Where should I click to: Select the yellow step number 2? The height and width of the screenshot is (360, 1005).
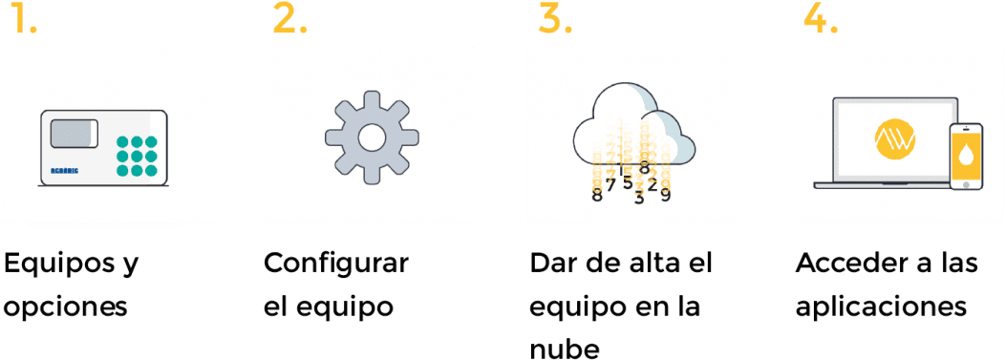(x=289, y=18)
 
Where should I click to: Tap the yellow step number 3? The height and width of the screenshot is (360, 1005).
(x=555, y=18)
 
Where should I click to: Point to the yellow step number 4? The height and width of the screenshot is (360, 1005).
(x=821, y=18)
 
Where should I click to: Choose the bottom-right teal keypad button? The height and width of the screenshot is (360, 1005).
(x=151, y=170)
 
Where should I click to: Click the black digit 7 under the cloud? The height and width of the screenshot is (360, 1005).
(x=610, y=183)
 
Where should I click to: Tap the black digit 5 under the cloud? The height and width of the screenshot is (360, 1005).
(x=627, y=180)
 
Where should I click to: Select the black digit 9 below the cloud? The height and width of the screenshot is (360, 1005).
(x=665, y=195)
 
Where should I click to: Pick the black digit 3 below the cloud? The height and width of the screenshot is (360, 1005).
(x=639, y=198)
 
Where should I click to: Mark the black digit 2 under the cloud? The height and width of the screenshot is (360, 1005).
(x=652, y=184)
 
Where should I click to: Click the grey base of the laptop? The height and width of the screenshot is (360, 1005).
(x=879, y=184)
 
